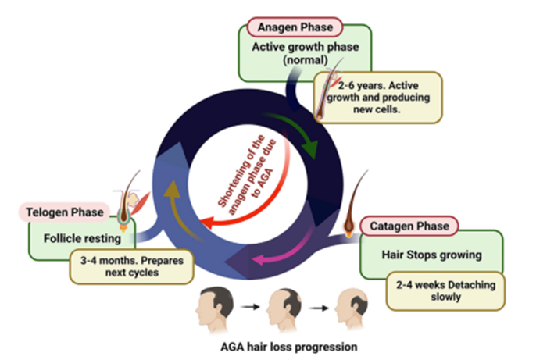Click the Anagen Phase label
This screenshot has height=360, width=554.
(295, 27)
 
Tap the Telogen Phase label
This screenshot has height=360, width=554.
(65, 212)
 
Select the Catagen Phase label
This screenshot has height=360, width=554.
(409, 226)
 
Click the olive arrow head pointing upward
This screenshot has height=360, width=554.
(172, 188)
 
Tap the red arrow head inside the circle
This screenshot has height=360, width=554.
(207, 223)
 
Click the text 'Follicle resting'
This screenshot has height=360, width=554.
(82, 239)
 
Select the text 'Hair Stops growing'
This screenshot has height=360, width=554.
(432, 255)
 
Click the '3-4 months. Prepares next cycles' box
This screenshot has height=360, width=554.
(132, 266)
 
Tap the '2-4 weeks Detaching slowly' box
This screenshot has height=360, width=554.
(445, 290)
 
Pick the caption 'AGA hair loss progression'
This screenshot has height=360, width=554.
(288, 347)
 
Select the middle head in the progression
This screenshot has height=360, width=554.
(284, 309)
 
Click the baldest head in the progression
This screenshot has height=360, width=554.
(352, 308)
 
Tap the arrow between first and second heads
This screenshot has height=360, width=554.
(250, 307)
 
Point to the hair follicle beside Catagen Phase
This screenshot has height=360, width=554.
(353, 204)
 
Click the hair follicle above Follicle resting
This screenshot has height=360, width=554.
(128, 201)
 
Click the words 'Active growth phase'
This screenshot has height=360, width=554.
(306, 47)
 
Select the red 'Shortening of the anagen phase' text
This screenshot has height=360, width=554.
(248, 176)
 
